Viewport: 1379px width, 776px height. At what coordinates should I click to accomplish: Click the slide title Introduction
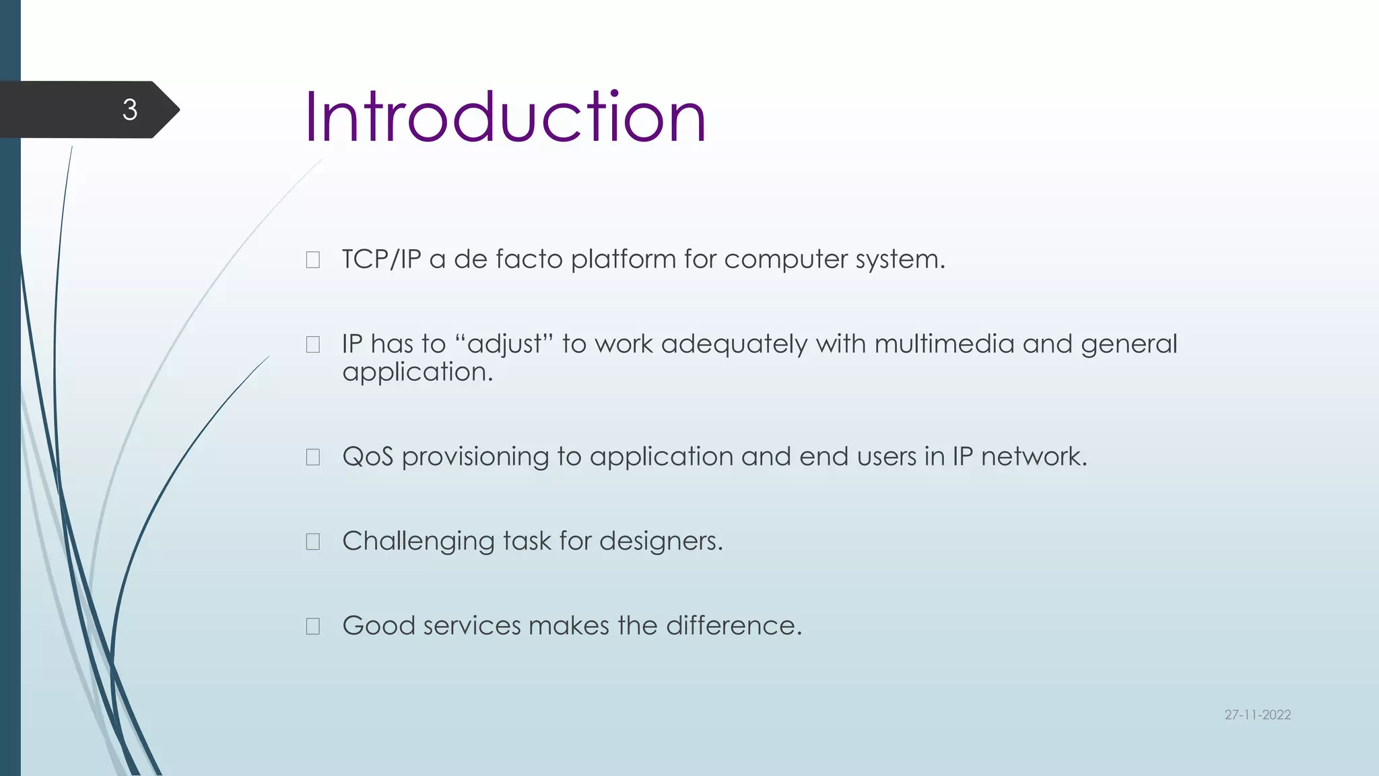tap(505, 118)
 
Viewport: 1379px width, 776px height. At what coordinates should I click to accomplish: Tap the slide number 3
tap(130, 110)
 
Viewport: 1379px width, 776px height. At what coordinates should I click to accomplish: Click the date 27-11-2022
tap(1257, 715)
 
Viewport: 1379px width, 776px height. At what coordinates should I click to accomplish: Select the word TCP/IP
tap(381, 259)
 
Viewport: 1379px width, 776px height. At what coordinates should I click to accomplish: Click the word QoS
tap(368, 457)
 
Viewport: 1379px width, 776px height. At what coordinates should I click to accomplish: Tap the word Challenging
tap(418, 542)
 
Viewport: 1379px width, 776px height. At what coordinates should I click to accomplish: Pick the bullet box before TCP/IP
tap(313, 260)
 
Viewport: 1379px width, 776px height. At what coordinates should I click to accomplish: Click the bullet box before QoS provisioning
tap(313, 457)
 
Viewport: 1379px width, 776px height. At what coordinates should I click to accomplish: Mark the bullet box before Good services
tap(313, 626)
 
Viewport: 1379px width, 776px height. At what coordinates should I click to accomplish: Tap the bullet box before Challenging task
tap(313, 542)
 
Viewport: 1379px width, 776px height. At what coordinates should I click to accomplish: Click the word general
tap(1129, 344)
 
